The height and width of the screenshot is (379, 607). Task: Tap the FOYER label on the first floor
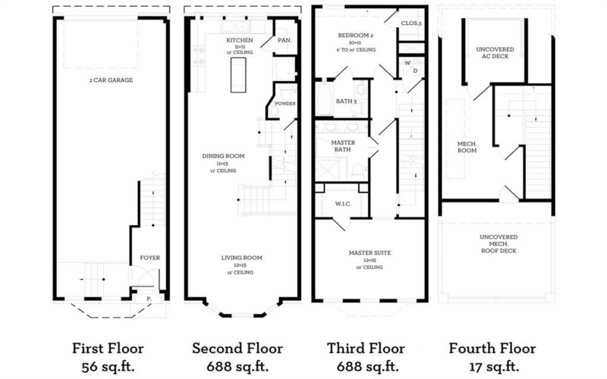coord(150,258)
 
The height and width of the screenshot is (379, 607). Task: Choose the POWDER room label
coord(285,104)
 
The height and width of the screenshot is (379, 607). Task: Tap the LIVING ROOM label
coord(243,258)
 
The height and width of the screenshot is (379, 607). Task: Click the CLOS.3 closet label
coord(412,24)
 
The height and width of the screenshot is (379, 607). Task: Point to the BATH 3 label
coord(347,101)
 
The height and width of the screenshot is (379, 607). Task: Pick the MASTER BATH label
coord(344,146)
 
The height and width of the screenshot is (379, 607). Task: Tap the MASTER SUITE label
coord(370,252)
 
